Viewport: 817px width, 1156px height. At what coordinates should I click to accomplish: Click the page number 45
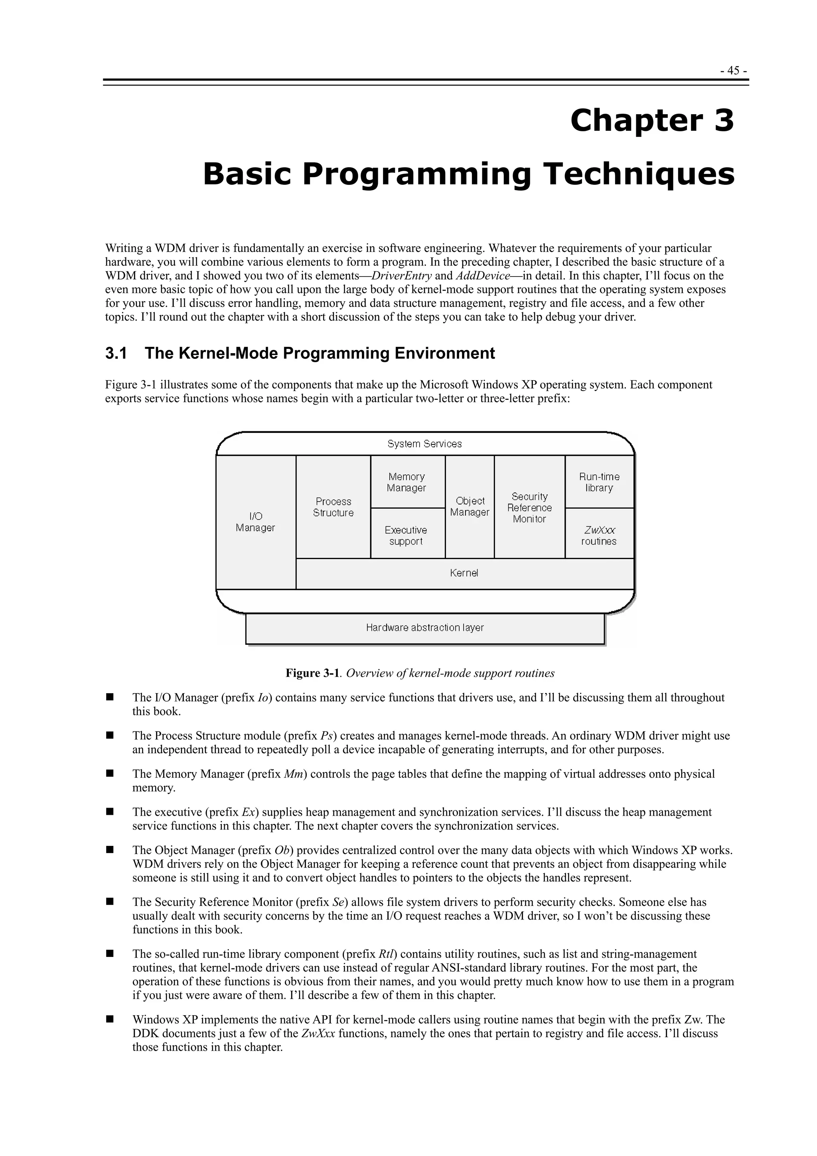[x=733, y=71]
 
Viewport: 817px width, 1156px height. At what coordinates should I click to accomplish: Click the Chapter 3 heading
[x=652, y=121]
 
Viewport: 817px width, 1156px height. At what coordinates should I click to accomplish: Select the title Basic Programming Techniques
[x=468, y=174]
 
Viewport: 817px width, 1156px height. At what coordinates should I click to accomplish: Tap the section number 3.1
[x=116, y=354]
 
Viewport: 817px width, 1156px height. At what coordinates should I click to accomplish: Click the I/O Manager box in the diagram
[x=256, y=522]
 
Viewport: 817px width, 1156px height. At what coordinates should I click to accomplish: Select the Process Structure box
[x=333, y=507]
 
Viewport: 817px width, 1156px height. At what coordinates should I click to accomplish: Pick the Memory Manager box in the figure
[x=407, y=482]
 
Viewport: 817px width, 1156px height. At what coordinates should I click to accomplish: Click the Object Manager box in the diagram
[x=470, y=506]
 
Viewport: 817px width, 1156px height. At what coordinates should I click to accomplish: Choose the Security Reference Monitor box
[x=529, y=508]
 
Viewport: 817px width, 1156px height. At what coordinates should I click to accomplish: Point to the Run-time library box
[x=599, y=482]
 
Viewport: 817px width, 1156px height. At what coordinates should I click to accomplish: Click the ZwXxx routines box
[x=599, y=535]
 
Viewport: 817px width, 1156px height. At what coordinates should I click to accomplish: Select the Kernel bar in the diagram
[x=464, y=573]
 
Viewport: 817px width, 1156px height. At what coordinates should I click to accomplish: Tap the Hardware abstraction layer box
[x=425, y=628]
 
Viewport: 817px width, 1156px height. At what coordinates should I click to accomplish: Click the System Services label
[x=424, y=444]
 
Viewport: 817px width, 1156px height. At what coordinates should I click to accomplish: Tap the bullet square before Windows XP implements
[x=109, y=1020]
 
